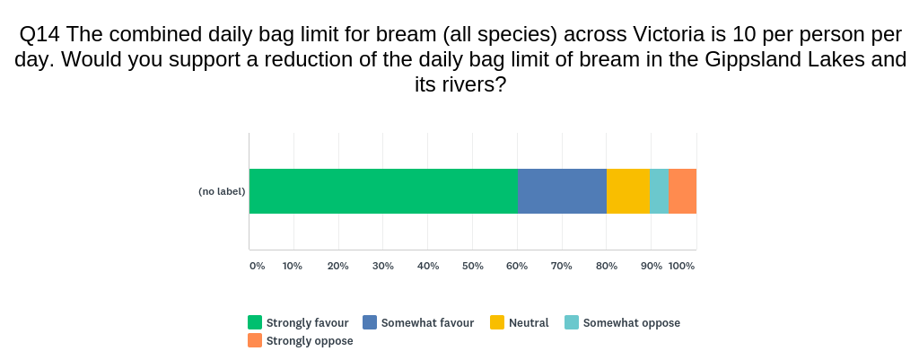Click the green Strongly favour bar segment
click(383, 191)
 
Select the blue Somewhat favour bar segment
click(562, 191)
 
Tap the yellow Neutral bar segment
click(628, 191)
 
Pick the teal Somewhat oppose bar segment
click(660, 191)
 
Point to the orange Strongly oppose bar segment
click(683, 191)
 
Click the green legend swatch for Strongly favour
click(254, 322)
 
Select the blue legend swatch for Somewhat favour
click(370, 322)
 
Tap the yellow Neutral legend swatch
click(497, 322)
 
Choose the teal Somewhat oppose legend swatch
click(572, 322)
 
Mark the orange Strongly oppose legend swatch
click(254, 340)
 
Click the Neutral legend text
click(529, 322)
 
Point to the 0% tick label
click(258, 266)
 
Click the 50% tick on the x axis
click(472, 266)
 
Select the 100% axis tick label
click(682, 266)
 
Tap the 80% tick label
click(607, 266)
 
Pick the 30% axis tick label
click(382, 266)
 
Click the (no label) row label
click(222, 191)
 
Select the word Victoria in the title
click(669, 35)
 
